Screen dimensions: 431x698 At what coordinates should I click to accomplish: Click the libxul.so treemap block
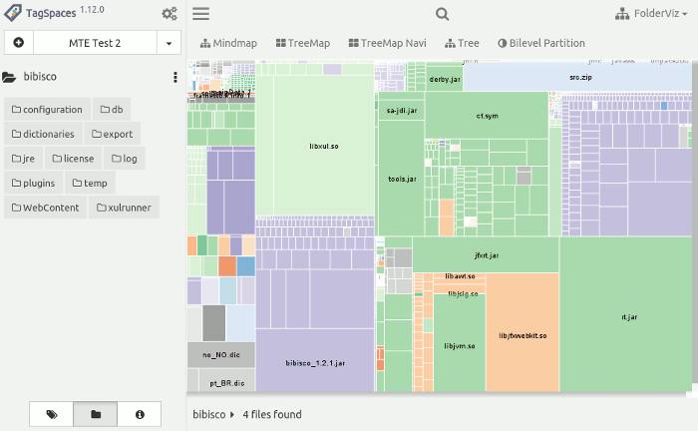coord(324,147)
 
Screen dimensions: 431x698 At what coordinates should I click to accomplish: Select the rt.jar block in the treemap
coord(628,316)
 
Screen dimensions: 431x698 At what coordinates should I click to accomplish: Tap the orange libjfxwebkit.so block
coord(523,334)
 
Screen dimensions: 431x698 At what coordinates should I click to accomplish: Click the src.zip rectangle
coord(579,77)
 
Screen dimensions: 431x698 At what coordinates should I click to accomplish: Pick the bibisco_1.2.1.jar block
coord(314,362)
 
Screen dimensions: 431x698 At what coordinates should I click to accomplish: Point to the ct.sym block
coord(486,116)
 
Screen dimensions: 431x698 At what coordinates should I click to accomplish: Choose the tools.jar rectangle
coord(401,180)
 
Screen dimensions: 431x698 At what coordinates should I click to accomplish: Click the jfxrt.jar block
coord(486,255)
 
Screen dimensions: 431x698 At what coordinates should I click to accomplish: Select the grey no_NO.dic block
coord(221,354)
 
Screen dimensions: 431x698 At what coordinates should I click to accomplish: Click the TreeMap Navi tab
coord(387,43)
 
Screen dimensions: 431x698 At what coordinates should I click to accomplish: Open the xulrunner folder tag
coord(125,208)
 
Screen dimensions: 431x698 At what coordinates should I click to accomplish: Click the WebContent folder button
coord(45,208)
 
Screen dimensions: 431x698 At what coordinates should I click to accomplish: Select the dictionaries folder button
coord(43,134)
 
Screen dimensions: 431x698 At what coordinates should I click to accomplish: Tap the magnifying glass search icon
coord(443,14)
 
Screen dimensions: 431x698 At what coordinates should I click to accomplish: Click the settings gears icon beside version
coord(170,14)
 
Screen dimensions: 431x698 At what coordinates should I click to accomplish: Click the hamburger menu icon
coord(200,14)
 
